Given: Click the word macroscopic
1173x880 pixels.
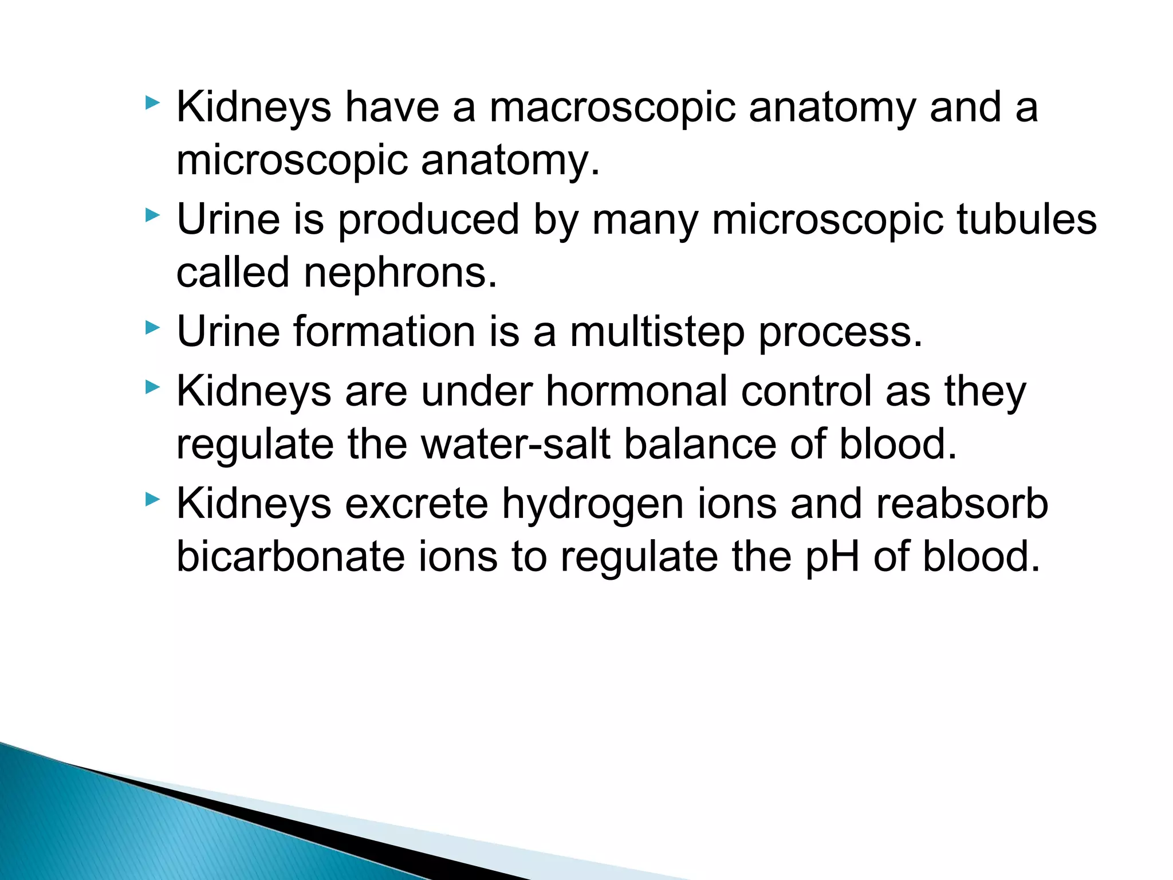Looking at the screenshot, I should coord(612,108).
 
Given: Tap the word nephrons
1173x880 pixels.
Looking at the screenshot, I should coord(400,273).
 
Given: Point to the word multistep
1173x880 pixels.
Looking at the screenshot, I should coord(657,333).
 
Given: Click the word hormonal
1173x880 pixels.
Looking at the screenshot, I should coord(636,391).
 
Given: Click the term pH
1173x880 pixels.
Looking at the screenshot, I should coord(832,558).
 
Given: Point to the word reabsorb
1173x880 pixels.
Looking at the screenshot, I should coord(962,504).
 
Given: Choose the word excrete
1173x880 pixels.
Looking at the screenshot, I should coord(416,504).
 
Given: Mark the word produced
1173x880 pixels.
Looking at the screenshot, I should coord(428,220).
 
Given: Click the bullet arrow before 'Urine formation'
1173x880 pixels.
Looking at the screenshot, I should coord(152,328).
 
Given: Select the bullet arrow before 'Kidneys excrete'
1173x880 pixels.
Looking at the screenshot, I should coord(152,500).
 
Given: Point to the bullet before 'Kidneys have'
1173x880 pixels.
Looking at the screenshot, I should coord(152,103).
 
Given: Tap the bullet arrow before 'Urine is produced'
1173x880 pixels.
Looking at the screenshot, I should coord(152,215).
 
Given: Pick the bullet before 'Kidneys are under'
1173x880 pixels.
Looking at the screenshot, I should coord(152,387).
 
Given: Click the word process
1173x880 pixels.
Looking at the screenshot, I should coord(840,333).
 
